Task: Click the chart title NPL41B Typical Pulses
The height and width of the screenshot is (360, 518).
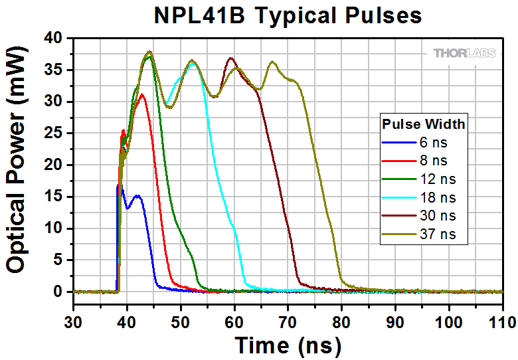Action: [x=288, y=15]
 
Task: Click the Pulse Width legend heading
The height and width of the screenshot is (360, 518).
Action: [x=423, y=124]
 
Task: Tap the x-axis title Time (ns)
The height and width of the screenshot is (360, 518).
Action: [x=288, y=345]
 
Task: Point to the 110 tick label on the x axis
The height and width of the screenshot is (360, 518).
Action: [x=501, y=323]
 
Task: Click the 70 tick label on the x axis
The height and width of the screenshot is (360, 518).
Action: [x=288, y=323]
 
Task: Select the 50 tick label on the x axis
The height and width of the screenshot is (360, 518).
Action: [x=181, y=323]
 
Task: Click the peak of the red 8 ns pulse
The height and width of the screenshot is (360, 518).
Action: [x=141, y=94]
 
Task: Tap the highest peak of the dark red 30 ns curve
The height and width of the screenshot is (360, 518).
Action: [x=230, y=58]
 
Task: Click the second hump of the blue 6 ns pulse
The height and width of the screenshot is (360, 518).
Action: [x=137, y=196]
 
